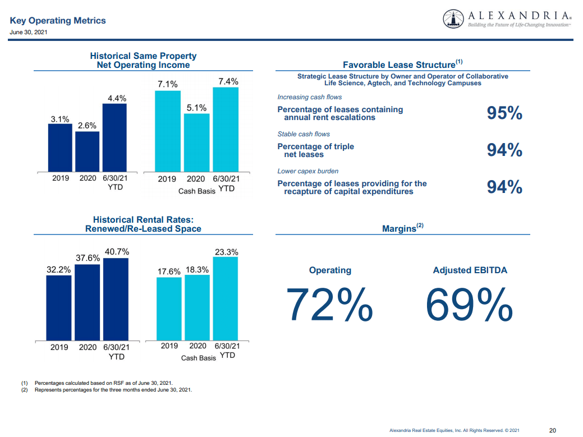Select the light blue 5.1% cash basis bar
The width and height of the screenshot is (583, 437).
click(196, 142)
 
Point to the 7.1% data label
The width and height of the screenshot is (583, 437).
click(167, 84)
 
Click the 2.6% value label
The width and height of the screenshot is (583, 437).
click(87, 126)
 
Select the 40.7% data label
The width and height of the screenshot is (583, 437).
click(117, 252)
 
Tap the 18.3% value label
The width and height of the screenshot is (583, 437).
click(198, 270)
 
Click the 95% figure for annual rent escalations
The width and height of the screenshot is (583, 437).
click(504, 113)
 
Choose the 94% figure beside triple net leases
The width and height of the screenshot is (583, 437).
click(504, 150)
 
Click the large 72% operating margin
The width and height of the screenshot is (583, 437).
click(329, 304)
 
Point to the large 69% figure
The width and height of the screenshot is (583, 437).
click(469, 304)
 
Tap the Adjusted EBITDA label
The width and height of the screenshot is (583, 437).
click(470, 270)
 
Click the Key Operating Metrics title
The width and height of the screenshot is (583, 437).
click(58, 21)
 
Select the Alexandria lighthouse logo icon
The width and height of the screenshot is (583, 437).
click(453, 19)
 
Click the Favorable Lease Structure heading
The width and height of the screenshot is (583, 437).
click(402, 64)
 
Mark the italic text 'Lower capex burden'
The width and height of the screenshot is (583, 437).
click(308, 171)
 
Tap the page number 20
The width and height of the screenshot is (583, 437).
click(552, 430)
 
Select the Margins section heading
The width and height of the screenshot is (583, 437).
click(402, 228)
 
